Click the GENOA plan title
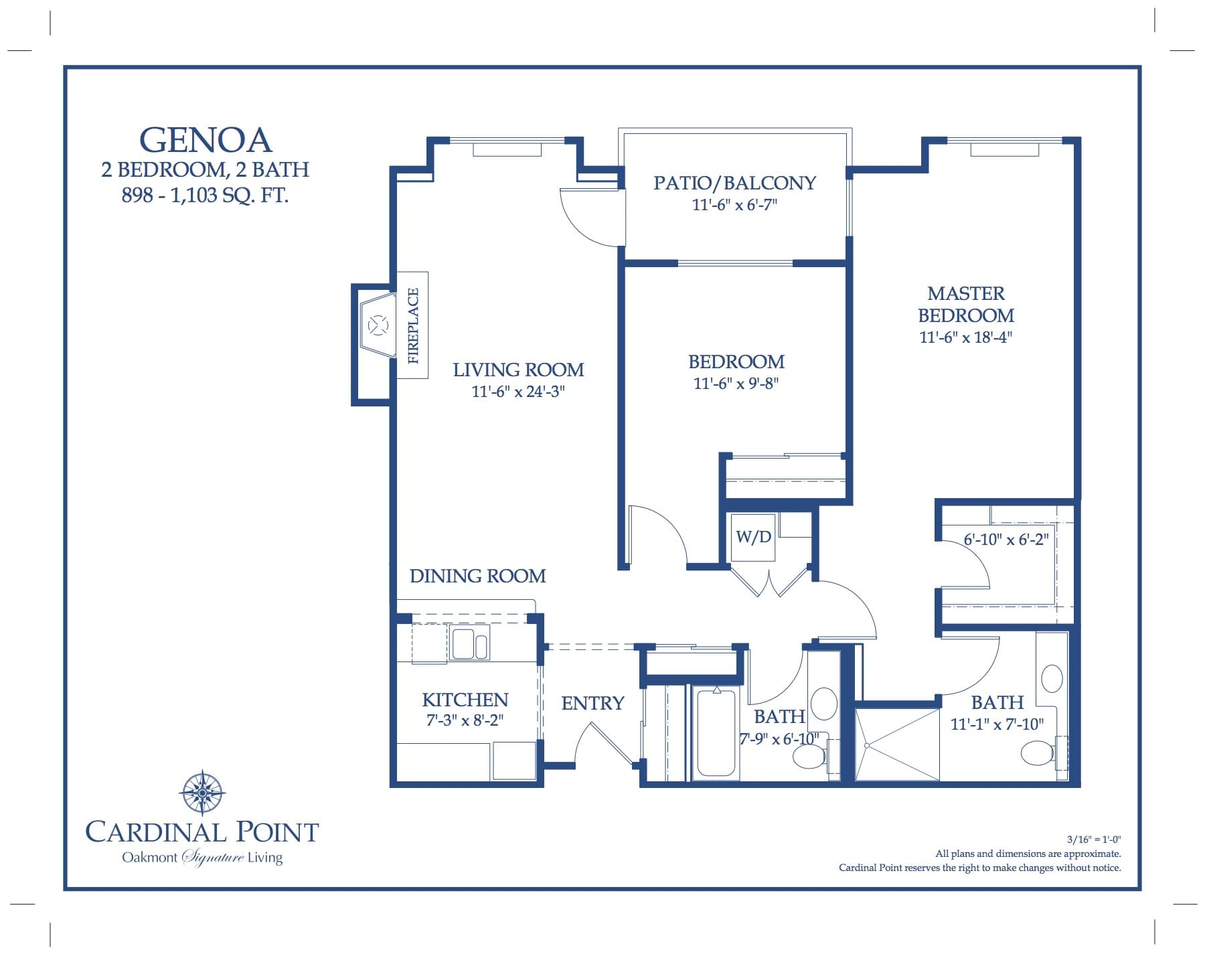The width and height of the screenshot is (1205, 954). click(205, 140)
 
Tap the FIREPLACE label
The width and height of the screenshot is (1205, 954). click(413, 325)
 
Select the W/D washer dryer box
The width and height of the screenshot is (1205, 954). click(754, 537)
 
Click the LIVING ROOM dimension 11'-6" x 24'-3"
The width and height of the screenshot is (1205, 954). click(518, 392)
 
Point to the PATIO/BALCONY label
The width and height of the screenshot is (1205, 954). click(734, 183)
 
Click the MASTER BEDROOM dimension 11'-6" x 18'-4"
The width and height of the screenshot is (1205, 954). click(965, 337)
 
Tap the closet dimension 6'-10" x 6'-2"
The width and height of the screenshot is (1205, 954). click(1006, 540)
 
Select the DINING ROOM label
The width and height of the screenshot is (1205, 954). click(477, 576)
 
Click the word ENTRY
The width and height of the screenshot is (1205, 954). click(592, 703)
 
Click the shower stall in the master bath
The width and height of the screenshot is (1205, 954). click(897, 744)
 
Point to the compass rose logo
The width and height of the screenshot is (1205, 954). click(202, 792)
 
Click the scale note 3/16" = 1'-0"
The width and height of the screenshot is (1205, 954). click(1094, 839)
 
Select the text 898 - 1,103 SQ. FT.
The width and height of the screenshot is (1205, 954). click(205, 195)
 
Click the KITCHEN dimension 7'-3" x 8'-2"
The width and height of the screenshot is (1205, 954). click(465, 720)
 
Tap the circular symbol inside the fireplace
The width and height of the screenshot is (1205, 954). click(379, 326)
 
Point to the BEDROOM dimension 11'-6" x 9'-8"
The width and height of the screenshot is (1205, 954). click(736, 384)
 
